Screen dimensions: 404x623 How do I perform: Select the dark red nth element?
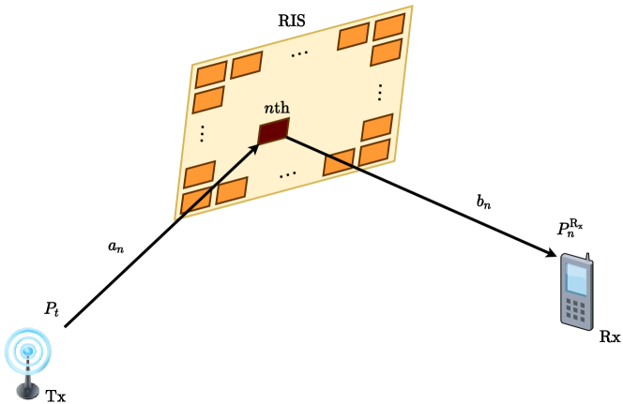pyautogui.click(x=273, y=132)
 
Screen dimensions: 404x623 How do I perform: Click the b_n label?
pyautogui.click(x=484, y=200)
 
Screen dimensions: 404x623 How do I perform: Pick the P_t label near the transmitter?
pyautogui.click(x=51, y=308)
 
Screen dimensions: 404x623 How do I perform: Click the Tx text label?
pyautogui.click(x=56, y=396)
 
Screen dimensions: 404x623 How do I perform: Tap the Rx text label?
pyautogui.click(x=609, y=336)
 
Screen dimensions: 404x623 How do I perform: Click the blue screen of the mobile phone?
pyautogui.click(x=577, y=279)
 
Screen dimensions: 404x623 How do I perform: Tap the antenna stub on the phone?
pyautogui.click(x=588, y=257)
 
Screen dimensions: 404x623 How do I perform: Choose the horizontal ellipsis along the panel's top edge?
pyautogui.click(x=299, y=55)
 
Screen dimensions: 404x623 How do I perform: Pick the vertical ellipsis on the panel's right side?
pyautogui.click(x=380, y=92)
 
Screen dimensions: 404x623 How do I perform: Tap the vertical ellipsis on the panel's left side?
pyautogui.click(x=202, y=133)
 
